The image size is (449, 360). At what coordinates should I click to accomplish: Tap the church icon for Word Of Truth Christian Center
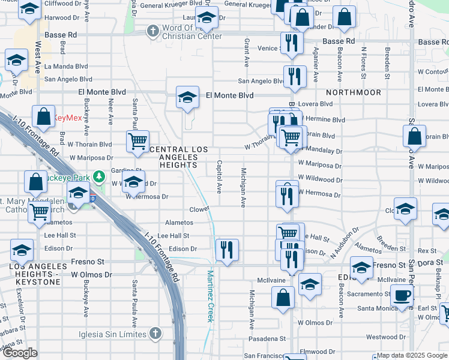coord(153,31)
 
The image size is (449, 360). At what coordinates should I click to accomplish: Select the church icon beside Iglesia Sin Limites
coord(155,333)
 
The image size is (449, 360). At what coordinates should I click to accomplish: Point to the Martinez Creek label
coord(211,296)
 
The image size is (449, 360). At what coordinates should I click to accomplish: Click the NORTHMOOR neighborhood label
coord(354,92)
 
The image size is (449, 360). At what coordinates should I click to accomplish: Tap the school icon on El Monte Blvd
coord(187,97)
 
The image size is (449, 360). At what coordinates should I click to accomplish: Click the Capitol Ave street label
coord(219,176)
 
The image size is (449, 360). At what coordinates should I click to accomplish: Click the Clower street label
coord(199,209)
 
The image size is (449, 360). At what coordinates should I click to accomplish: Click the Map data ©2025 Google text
coord(412,355)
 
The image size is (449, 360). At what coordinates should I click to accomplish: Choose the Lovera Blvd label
coord(315,104)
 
